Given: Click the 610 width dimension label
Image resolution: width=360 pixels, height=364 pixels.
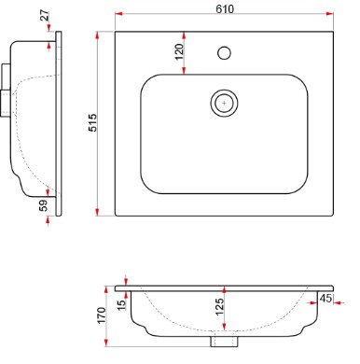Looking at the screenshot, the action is (x=225, y=9).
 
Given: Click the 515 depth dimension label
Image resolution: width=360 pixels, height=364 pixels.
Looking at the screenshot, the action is (x=93, y=122).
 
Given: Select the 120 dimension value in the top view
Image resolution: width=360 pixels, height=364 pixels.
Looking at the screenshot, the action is (x=179, y=52).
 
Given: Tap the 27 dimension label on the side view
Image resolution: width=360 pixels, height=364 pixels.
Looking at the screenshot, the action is (x=45, y=15).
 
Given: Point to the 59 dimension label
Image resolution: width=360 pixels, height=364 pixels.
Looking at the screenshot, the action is (x=44, y=205).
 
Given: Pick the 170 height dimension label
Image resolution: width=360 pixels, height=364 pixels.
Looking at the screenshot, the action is (x=102, y=315).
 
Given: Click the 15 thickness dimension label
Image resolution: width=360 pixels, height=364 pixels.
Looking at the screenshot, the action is (x=122, y=304).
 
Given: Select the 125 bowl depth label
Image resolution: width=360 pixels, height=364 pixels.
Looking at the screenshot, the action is (x=219, y=307).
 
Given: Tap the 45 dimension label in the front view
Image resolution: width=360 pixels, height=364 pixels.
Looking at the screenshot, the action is (x=325, y=298).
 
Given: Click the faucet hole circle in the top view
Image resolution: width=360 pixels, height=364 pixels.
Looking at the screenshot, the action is (x=224, y=53).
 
